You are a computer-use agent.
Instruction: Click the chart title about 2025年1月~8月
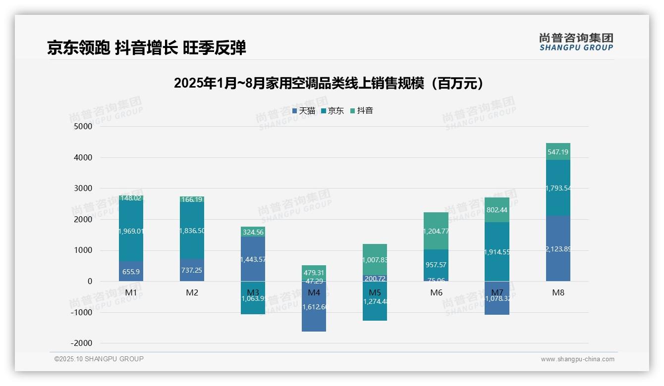(x=329, y=83)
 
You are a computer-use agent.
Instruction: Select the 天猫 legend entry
(x=303, y=111)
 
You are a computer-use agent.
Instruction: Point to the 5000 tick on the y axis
(x=83, y=126)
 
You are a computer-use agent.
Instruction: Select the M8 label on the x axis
(x=558, y=292)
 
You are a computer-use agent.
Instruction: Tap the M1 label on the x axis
(x=131, y=292)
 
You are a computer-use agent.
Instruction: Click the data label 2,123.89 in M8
(x=558, y=249)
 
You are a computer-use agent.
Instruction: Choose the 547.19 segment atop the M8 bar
(x=558, y=152)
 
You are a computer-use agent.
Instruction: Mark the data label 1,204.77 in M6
(x=436, y=231)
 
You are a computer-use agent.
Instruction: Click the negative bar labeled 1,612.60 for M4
(x=314, y=307)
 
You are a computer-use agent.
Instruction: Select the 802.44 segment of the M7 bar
(x=497, y=210)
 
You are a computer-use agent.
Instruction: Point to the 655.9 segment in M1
(x=131, y=272)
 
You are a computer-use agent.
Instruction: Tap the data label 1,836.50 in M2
(x=192, y=231)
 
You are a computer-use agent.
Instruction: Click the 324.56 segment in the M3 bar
(x=253, y=232)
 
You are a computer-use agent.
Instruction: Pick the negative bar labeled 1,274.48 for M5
(x=375, y=301)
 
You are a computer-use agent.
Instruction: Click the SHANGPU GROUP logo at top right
(x=576, y=42)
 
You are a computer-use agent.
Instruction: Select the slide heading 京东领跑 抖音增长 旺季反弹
(x=146, y=48)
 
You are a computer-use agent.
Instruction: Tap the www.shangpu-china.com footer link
(x=577, y=359)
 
